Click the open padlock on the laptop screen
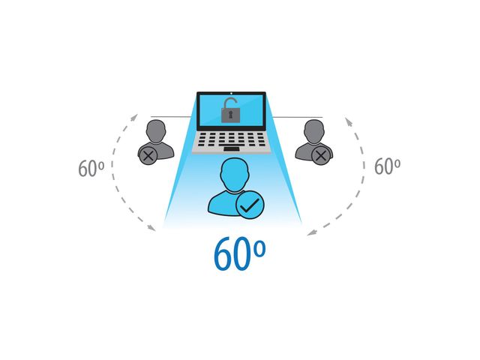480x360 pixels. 230,110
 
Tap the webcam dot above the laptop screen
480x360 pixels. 231,93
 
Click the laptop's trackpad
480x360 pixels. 232,149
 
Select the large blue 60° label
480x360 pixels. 239,253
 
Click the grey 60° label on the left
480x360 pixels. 91,168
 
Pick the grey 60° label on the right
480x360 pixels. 387,166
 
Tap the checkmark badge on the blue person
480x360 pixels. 250,205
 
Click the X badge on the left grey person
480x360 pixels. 148,156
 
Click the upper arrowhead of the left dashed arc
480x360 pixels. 134,117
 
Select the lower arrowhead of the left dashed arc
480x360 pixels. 151,228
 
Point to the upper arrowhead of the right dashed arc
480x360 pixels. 349,121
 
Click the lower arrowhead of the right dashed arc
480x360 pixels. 312,233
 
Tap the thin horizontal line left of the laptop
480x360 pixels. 172,117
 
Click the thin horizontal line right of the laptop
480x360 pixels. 297,117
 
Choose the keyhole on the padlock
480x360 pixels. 230,115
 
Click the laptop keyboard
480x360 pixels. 232,139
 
